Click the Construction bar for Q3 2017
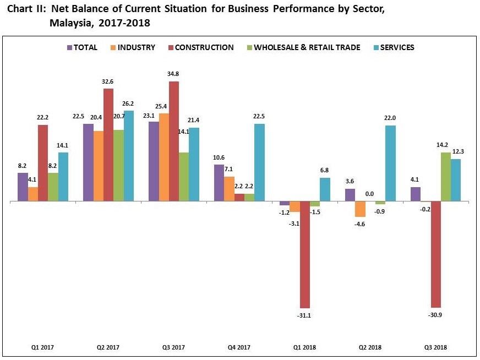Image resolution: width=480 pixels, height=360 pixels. tap(174, 141)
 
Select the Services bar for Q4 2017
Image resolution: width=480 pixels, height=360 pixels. tap(259, 163)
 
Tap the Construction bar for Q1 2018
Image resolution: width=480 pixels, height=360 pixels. tap(304, 255)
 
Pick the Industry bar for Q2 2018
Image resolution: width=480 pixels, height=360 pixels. tap(360, 210)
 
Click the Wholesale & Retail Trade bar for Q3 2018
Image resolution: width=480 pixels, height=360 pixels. tap(445, 177)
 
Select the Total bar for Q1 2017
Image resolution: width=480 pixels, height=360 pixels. tap(23, 187)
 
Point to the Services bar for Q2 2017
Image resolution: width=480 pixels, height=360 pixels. tap(129, 156)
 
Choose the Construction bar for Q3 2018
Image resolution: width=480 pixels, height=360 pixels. tap(435, 254)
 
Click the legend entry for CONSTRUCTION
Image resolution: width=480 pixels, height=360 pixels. tap(204, 47)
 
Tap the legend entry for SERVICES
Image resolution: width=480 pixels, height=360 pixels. tap(393, 47)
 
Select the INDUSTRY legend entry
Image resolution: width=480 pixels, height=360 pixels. tap(136, 47)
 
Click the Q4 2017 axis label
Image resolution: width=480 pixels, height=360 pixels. tap(239, 347)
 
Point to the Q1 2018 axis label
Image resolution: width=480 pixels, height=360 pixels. tap(305, 347)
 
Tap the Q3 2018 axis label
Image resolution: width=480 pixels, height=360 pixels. tap(435, 347)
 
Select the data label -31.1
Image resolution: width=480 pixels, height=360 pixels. tap(304, 315)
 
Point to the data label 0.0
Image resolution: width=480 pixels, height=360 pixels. tap(370, 194)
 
